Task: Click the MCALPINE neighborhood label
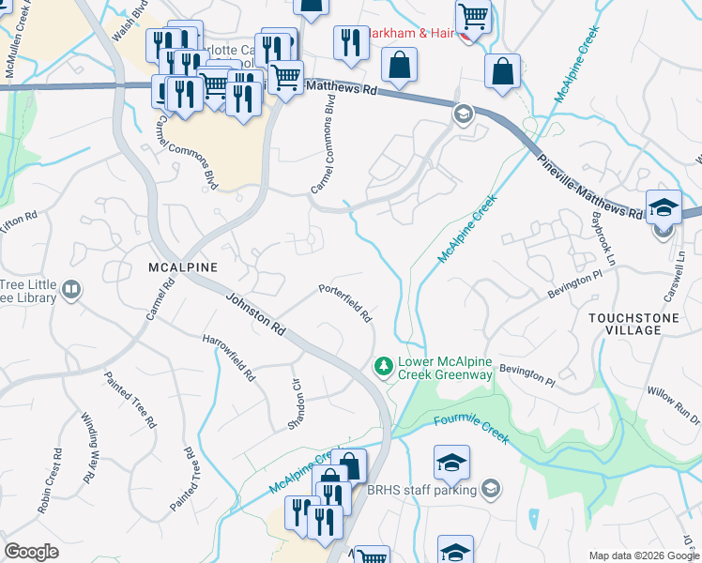click(x=183, y=267)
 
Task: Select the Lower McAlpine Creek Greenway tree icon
click(x=383, y=368)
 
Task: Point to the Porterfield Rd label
click(x=345, y=303)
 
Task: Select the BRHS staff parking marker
click(x=491, y=489)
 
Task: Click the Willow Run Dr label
click(x=673, y=402)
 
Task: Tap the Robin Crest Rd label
click(x=50, y=487)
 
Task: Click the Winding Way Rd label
click(x=89, y=447)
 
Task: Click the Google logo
click(x=32, y=551)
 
